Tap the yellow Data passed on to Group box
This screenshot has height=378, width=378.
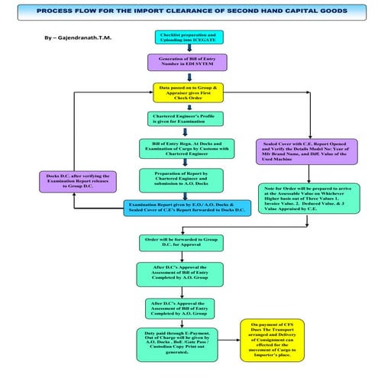point(188,92)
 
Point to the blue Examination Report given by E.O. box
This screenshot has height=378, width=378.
point(186,207)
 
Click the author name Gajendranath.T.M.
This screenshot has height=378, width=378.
point(84,37)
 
